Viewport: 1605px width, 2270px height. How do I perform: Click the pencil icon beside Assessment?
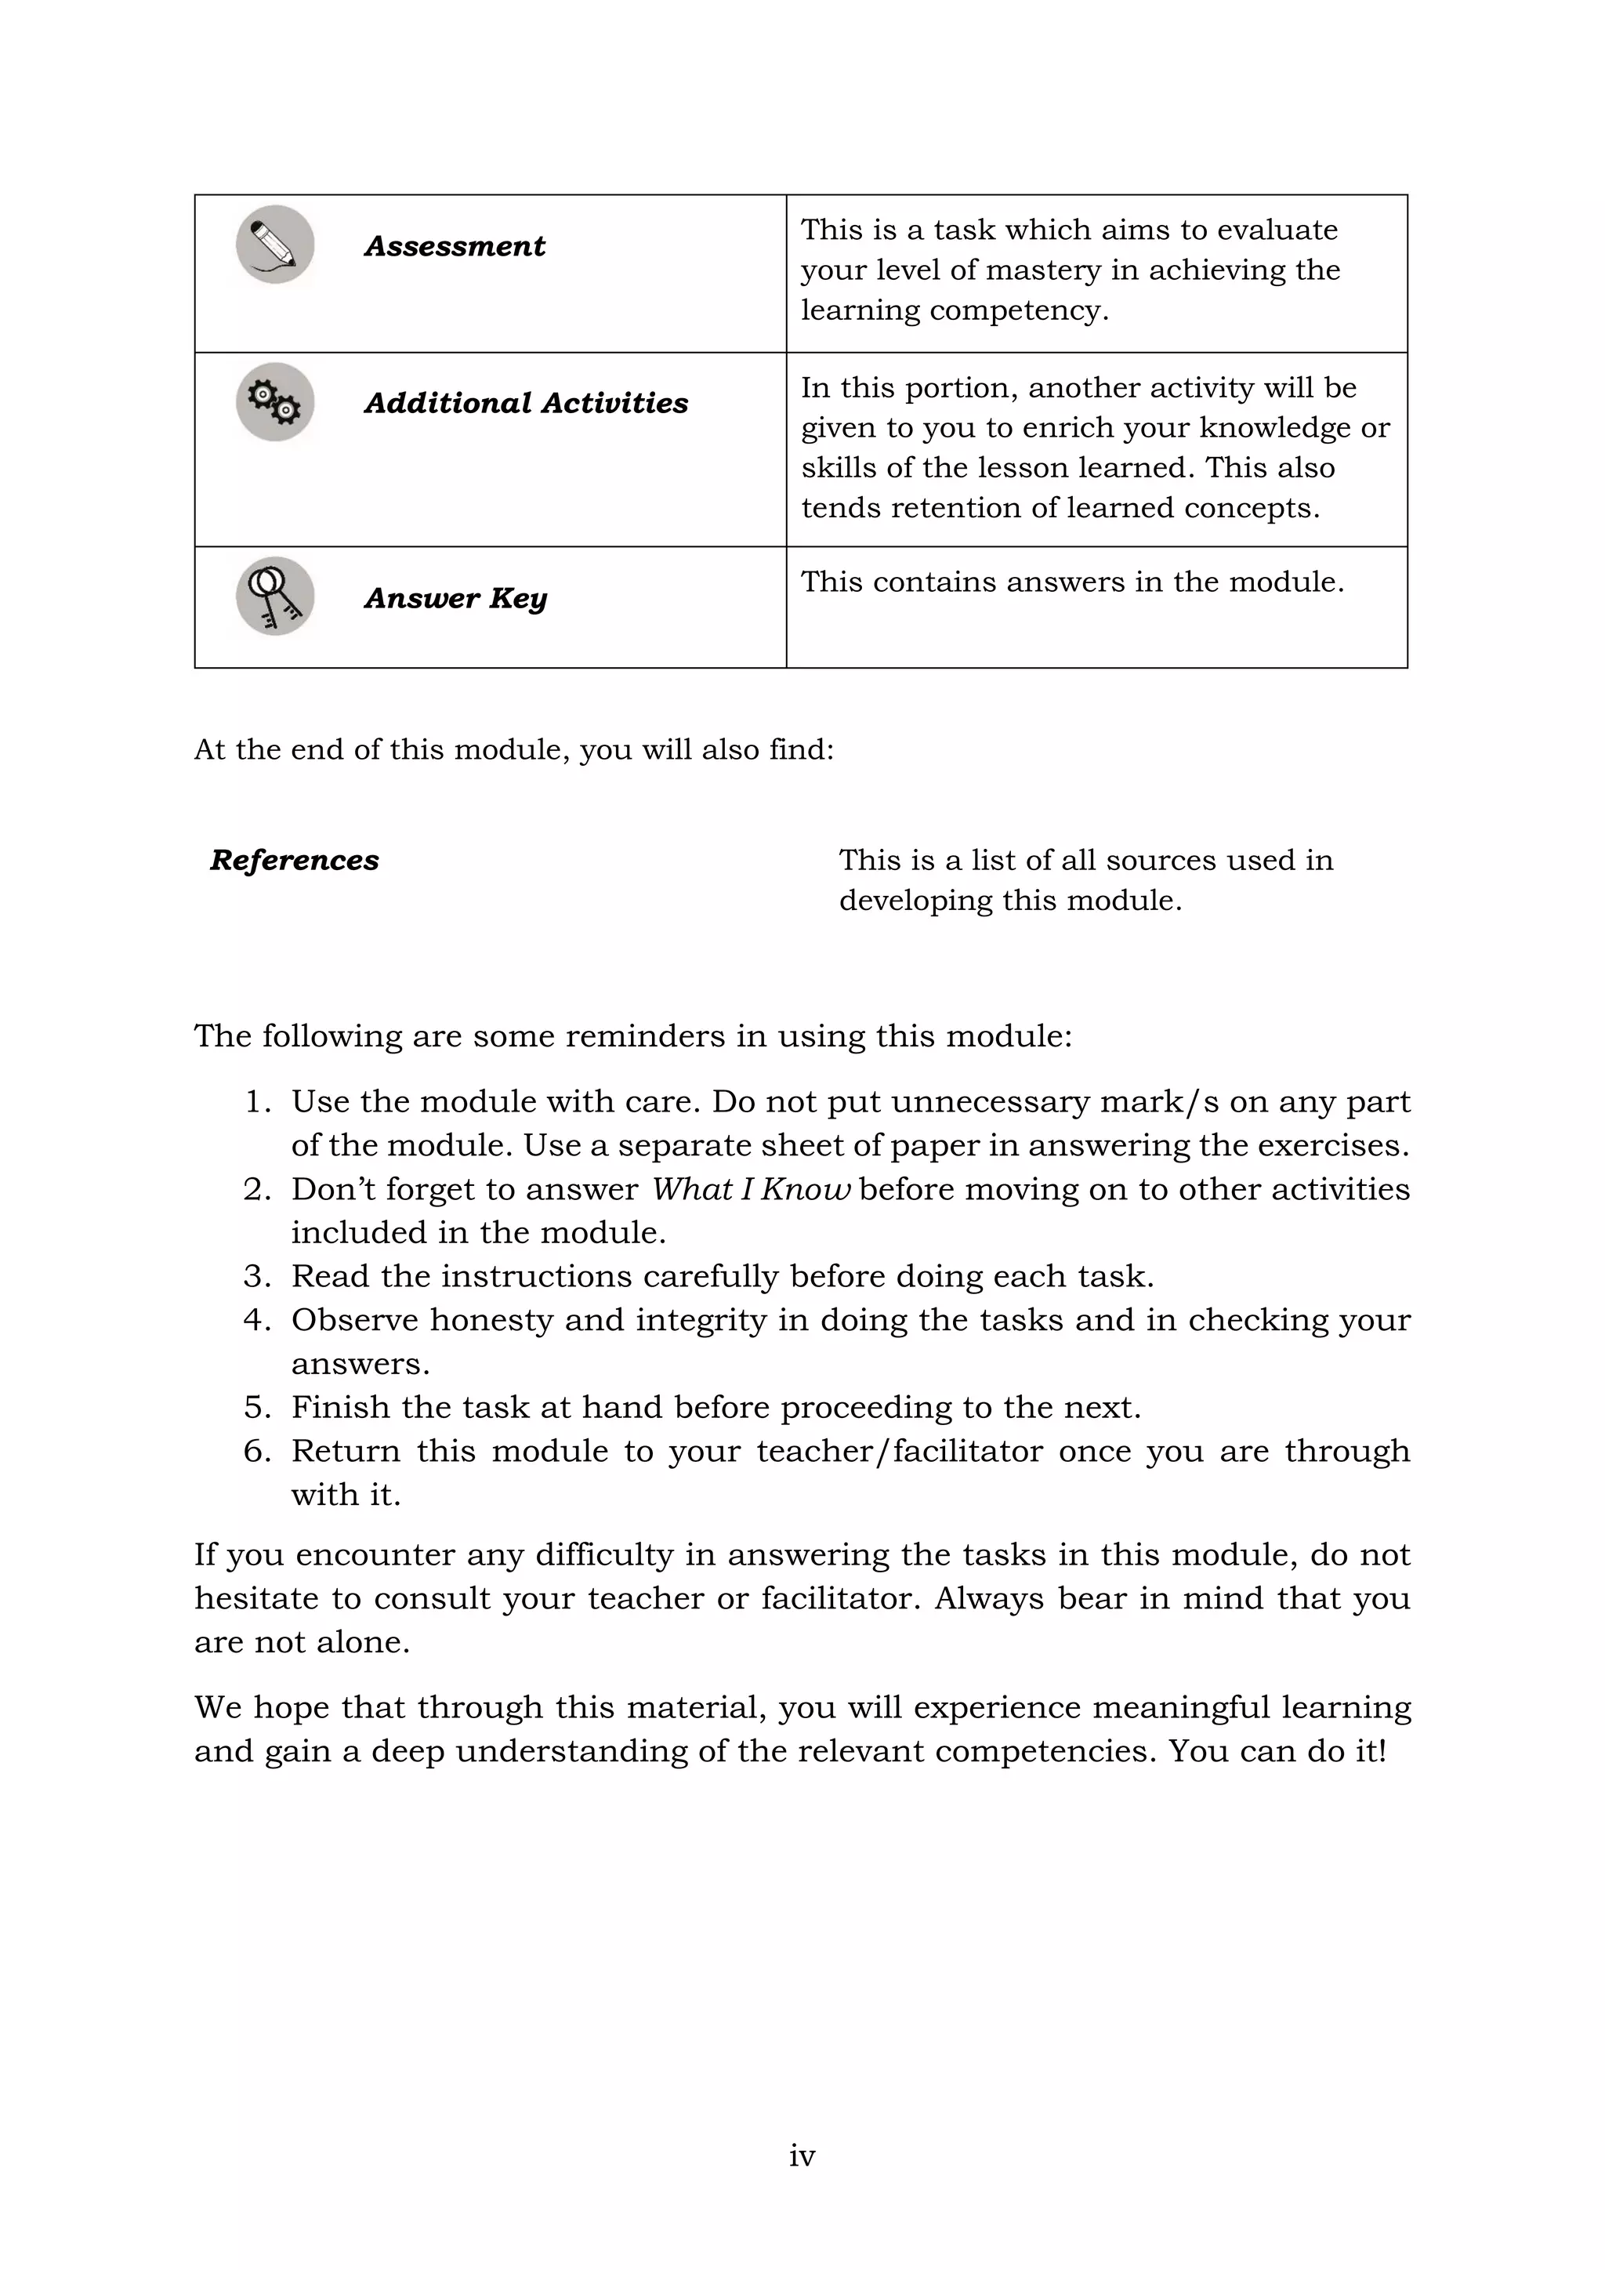click(x=275, y=245)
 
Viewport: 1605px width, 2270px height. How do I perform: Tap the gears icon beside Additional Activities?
click(x=275, y=402)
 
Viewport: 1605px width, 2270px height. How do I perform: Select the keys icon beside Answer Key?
click(x=275, y=597)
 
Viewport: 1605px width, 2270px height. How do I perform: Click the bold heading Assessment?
click(x=455, y=246)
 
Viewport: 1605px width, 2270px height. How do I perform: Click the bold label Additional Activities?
click(x=526, y=404)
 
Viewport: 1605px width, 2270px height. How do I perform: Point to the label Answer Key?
click(x=455, y=598)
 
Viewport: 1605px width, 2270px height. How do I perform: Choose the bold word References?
click(x=295, y=860)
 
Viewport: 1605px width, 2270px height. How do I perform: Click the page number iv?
click(x=802, y=2156)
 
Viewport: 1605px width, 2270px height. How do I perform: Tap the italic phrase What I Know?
click(x=750, y=1188)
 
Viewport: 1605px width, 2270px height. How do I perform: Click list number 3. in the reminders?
click(x=257, y=1276)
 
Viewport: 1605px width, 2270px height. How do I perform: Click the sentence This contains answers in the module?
click(x=1072, y=582)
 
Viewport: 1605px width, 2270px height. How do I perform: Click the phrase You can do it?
click(x=1277, y=1750)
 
